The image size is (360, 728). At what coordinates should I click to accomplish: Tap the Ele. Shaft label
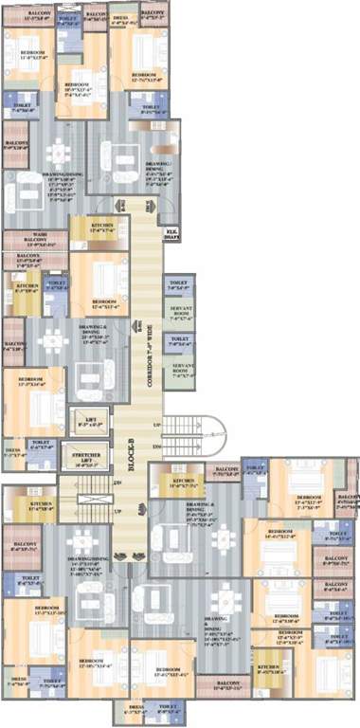[x=172, y=230]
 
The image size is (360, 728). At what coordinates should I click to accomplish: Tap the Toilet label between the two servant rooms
[x=178, y=337]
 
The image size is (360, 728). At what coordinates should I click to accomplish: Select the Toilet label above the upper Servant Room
[x=178, y=282]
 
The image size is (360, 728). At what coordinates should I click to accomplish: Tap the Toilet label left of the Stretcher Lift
[x=40, y=443]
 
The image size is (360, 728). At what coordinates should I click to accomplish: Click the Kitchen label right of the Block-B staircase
[x=184, y=482]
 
